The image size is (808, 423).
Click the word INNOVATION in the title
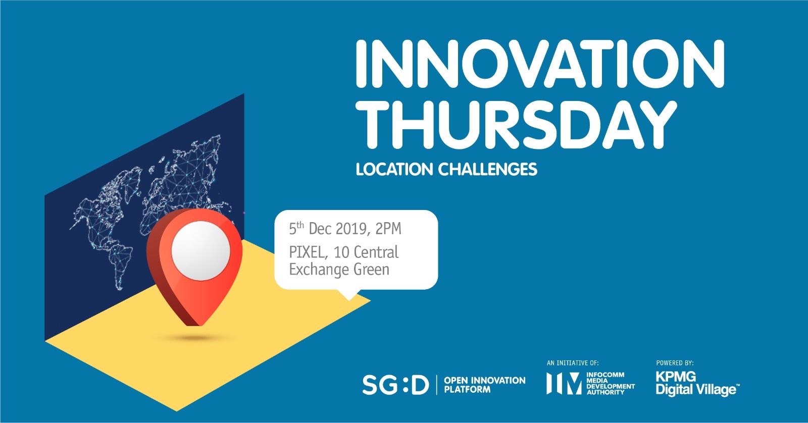coord(540,63)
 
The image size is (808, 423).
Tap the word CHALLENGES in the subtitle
coord(488,169)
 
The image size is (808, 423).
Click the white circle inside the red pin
coord(200,251)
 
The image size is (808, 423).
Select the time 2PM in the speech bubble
coord(388,229)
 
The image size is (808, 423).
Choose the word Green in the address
coord(372,270)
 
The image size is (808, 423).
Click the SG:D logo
coord(396,385)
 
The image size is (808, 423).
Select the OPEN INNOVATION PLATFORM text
coord(484,385)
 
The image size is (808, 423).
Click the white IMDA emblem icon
coord(564,383)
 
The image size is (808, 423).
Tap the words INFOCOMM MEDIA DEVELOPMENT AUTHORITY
coord(611,383)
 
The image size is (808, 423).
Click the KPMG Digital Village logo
coord(697,384)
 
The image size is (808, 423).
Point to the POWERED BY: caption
coord(675,363)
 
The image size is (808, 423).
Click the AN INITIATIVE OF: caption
coord(573,363)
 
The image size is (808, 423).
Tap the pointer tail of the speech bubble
coord(349,295)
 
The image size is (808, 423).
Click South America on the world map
coord(119,263)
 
